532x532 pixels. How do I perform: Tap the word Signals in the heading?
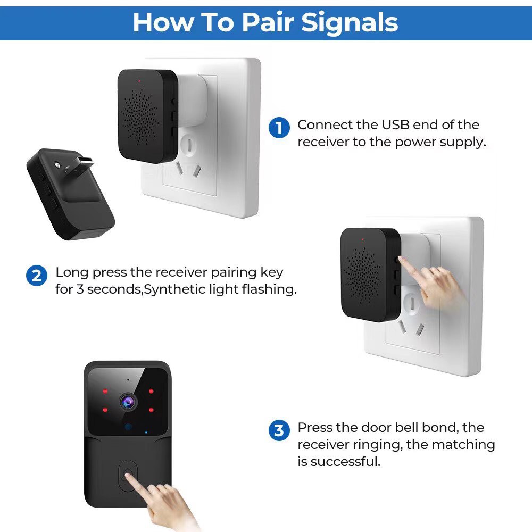coord(350,22)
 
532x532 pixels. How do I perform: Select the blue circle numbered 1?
coord(279,128)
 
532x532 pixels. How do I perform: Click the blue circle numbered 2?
coord(37,276)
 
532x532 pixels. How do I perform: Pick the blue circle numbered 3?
coord(279,430)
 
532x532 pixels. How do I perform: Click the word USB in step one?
coord(395,125)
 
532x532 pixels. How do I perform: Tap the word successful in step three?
coord(345,461)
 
